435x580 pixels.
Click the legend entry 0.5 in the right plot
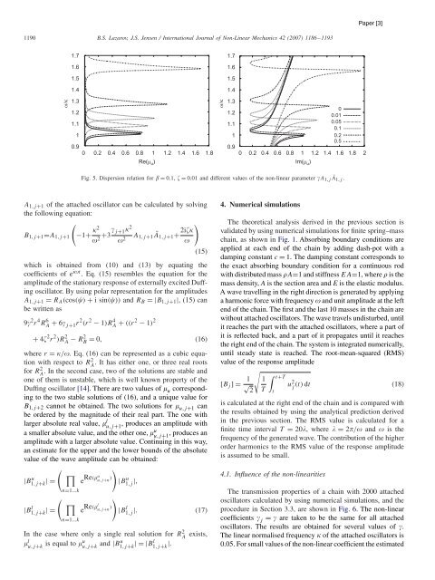(x=362, y=141)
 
